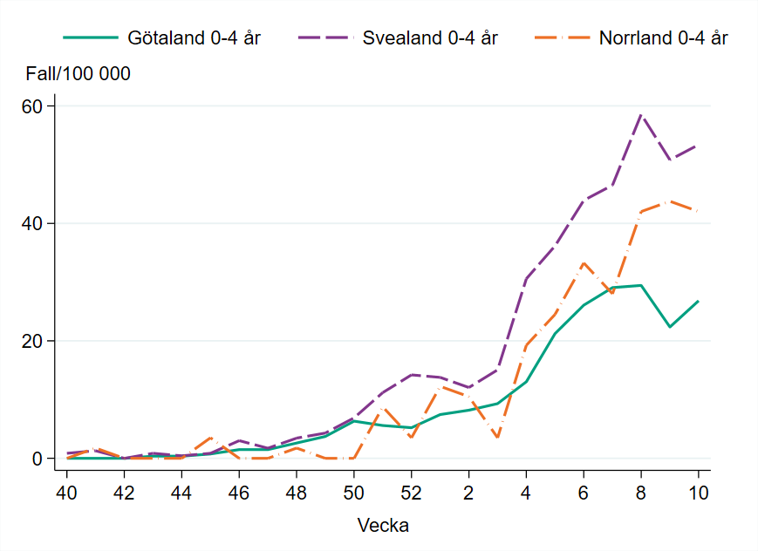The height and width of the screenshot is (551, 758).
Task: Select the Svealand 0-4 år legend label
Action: [430, 38]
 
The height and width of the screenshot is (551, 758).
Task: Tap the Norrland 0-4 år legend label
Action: [664, 38]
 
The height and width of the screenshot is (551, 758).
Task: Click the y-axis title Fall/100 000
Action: [79, 74]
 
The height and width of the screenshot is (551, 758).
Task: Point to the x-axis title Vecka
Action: [383, 526]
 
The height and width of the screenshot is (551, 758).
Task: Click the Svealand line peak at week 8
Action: [641, 114]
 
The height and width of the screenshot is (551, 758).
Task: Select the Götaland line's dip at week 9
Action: [670, 327]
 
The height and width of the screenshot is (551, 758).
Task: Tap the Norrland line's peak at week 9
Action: [670, 201]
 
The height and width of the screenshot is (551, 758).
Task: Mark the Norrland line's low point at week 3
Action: [497, 437]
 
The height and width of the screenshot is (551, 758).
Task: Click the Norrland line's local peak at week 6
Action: [584, 262]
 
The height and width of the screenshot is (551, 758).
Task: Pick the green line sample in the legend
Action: [90, 38]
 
